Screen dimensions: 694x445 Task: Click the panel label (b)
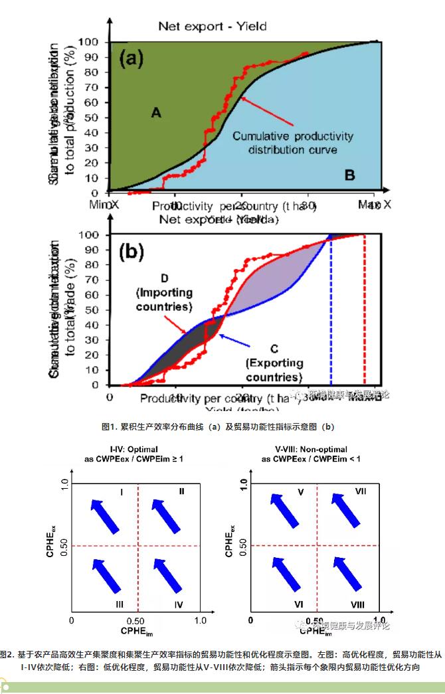[132, 252]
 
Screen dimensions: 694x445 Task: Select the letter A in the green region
[156, 113]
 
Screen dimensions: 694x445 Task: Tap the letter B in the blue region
[350, 175]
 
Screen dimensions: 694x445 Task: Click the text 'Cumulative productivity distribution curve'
[293, 143]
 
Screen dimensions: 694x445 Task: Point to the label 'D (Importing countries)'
[164, 292]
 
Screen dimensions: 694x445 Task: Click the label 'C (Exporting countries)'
[274, 363]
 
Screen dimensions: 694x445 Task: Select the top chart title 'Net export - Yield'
[212, 27]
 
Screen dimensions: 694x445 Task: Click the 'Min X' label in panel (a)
[104, 205]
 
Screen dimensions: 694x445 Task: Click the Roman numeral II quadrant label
[181, 491]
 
